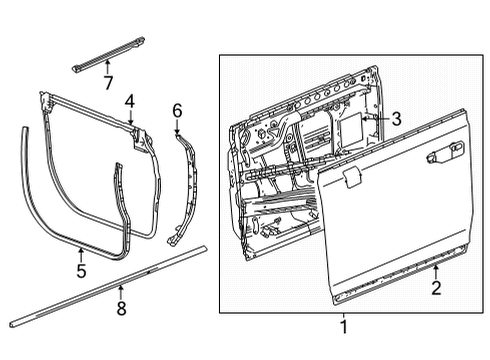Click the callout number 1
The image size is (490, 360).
(343, 326)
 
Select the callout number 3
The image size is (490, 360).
(396, 119)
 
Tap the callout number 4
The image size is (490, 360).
(129, 100)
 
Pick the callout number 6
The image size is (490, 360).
(177, 109)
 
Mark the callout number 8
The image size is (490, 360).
(121, 309)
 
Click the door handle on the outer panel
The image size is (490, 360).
(437, 155)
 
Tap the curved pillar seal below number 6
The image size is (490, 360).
(185, 190)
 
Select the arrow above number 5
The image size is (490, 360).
(80, 252)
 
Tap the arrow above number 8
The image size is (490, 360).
(121, 293)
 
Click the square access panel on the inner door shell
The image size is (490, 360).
(351, 123)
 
